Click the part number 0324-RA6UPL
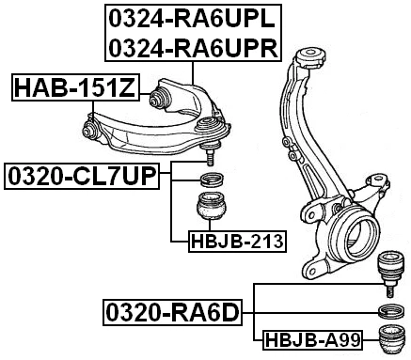pos(192,18)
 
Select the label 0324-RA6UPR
pos(192,47)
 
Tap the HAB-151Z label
pos(74,89)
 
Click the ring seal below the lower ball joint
pos(388,312)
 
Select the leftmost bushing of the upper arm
pos(92,129)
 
